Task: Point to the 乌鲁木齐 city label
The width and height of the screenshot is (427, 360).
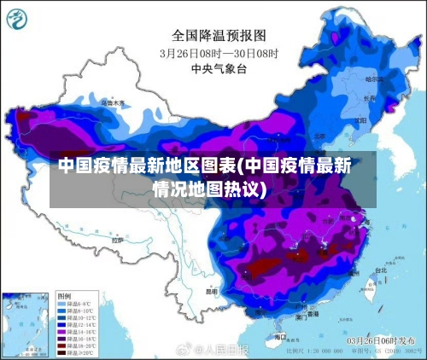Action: (x=113, y=103)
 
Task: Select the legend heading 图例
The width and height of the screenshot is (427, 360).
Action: (x=65, y=294)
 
